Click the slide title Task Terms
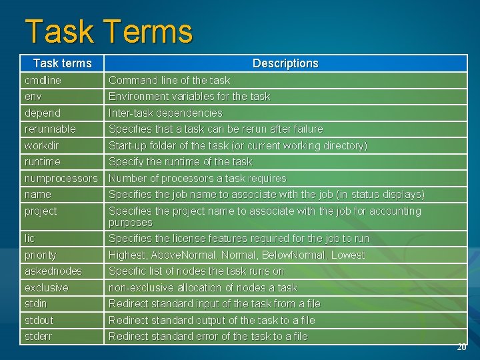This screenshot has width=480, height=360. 109,32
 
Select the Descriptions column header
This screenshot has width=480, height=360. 285,63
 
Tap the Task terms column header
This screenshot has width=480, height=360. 62,63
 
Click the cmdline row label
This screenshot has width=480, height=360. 43,80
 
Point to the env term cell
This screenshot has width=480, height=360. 33,96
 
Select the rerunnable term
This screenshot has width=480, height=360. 50,129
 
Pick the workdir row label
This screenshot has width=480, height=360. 41,145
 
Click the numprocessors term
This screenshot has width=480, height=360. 61,178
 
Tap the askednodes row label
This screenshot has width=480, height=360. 53,271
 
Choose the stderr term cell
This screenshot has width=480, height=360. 38,336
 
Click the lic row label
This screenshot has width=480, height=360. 29,238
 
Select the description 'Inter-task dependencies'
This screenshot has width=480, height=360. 165,113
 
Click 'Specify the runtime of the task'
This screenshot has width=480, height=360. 181,161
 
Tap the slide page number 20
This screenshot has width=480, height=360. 461,347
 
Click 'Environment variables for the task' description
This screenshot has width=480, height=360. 189,96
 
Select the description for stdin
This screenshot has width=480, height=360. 214,303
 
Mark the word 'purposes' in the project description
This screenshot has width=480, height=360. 131,223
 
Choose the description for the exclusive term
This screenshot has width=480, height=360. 203,287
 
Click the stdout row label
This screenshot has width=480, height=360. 39,320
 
